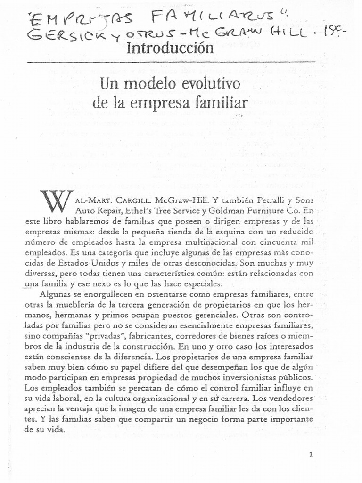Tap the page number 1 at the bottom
pos(311,454)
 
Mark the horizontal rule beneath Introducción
pos(171,62)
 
